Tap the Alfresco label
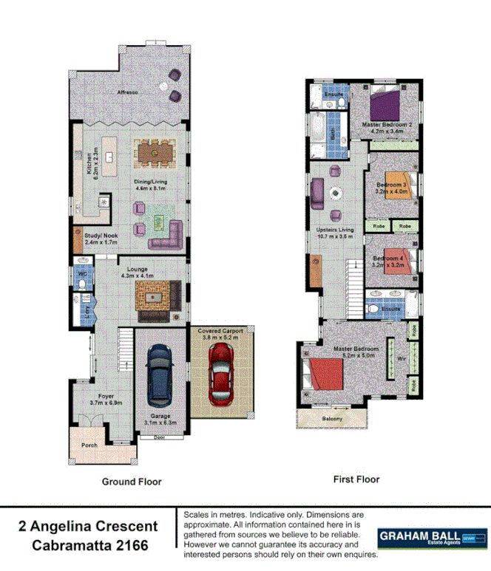[x=129, y=92]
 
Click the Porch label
[x=89, y=445]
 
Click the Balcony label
[x=332, y=419]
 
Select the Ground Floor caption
[x=131, y=482]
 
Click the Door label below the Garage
[x=159, y=437]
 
